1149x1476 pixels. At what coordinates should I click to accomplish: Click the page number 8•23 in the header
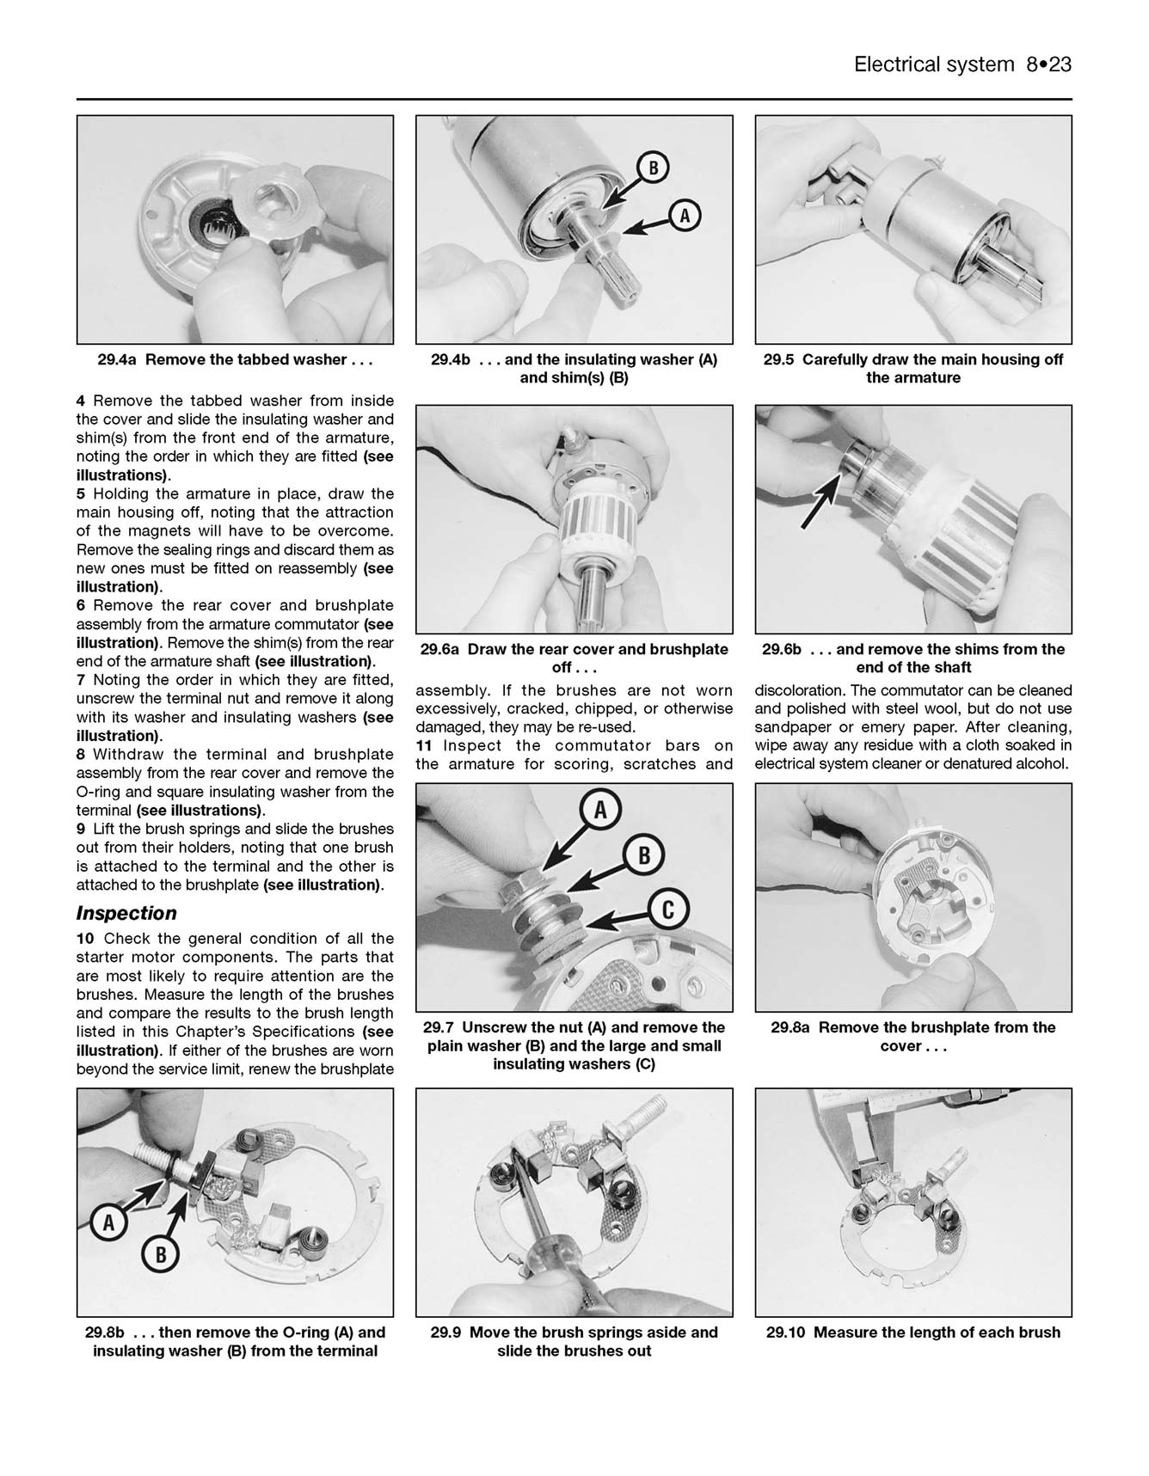pos(1048,64)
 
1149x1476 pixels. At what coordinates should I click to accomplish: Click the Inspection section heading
pos(126,913)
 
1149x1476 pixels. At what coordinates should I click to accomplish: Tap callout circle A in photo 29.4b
pos(685,217)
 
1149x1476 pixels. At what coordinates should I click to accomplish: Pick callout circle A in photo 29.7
pos(600,810)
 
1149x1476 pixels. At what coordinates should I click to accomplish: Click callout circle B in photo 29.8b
pos(160,1256)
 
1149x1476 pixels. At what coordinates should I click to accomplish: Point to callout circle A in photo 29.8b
pos(109,1222)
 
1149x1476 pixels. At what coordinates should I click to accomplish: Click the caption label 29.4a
pos(118,360)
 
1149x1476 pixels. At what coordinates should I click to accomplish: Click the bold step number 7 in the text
pos(81,680)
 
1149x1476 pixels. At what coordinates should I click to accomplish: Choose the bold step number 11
pos(425,746)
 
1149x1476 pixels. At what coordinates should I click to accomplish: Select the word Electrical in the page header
pos(899,64)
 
